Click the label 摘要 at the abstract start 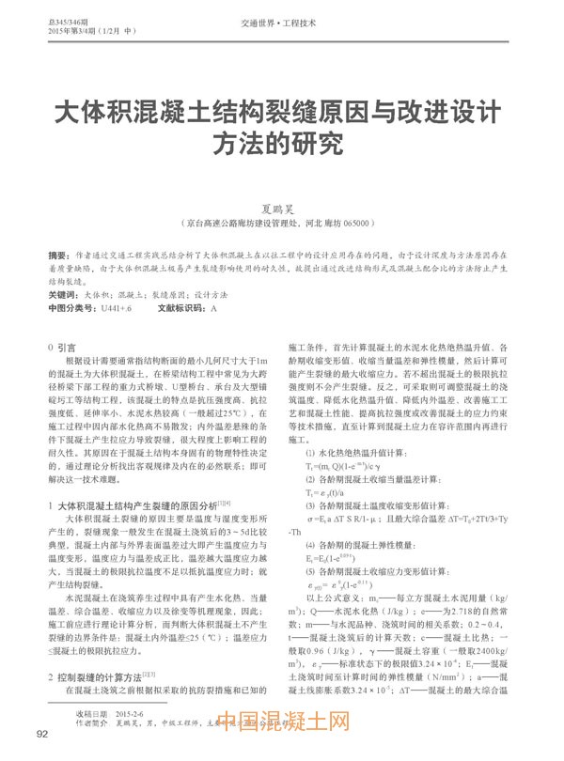pos(59,256)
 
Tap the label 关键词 pos(63,295)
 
